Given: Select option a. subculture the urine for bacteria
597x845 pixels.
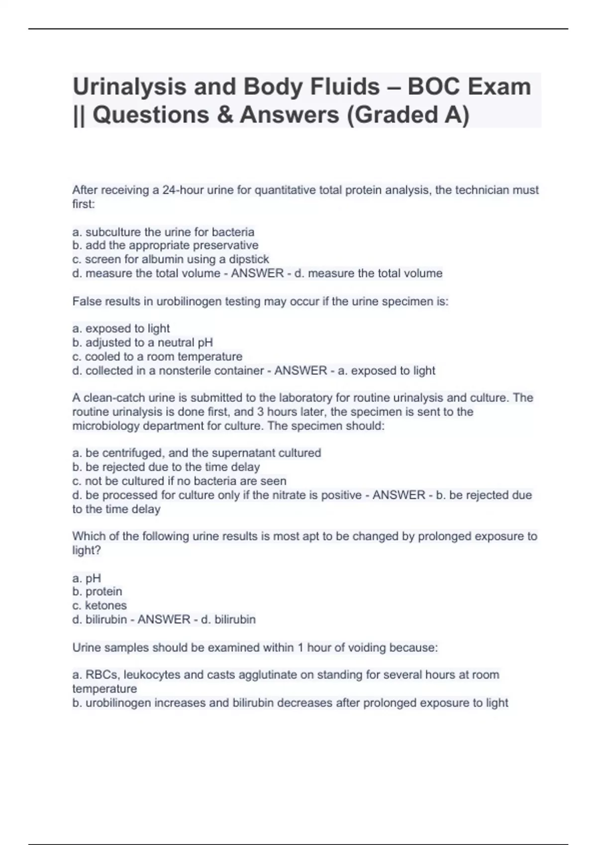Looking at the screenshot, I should tap(163, 232).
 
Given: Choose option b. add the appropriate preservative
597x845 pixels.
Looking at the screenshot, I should tap(165, 246).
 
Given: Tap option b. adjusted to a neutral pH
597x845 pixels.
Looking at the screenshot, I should tap(142, 342).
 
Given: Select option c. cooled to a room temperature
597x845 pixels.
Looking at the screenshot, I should tap(157, 356).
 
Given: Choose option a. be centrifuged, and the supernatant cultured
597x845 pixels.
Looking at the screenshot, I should tap(197, 453).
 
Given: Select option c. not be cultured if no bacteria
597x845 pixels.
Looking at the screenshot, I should tap(179, 481).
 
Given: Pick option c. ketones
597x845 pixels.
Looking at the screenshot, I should tap(99, 605).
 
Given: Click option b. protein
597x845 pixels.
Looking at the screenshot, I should tap(97, 591).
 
